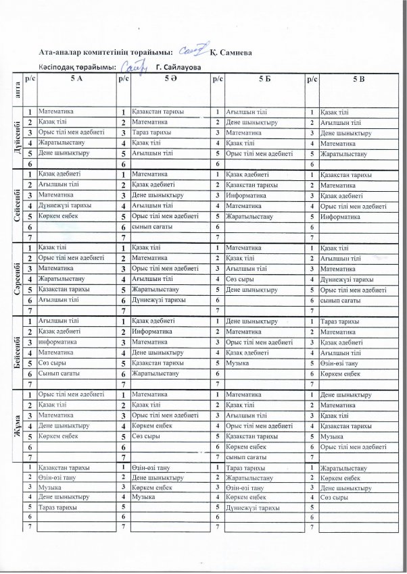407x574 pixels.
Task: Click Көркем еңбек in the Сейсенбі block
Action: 53,217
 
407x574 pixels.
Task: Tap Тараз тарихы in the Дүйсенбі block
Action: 151,134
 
